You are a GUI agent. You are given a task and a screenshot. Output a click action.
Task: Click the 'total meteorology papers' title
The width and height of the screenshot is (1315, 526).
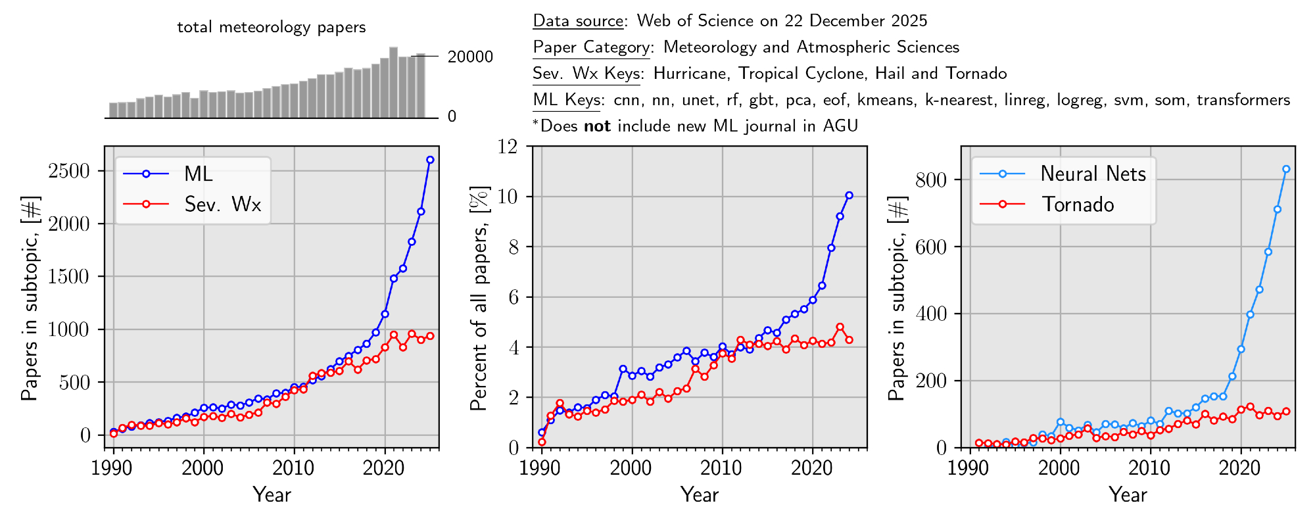(x=271, y=28)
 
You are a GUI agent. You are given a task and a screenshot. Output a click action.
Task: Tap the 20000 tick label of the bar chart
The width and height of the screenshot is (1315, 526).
(x=470, y=57)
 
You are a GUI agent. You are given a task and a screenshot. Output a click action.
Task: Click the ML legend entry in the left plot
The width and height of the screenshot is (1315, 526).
(x=198, y=174)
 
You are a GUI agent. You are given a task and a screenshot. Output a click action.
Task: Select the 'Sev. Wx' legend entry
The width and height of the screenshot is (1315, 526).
(x=222, y=204)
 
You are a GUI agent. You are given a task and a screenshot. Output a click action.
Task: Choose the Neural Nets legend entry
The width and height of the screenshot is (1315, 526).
(x=1093, y=174)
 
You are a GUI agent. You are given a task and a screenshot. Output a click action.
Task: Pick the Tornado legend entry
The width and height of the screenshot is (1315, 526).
(x=1078, y=204)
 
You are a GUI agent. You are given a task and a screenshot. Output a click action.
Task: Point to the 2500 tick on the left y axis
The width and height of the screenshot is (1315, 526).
(x=68, y=171)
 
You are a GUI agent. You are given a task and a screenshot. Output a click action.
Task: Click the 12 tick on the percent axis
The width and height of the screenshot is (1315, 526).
(x=507, y=147)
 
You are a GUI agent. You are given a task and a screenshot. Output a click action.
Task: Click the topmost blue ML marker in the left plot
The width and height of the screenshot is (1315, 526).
(x=430, y=160)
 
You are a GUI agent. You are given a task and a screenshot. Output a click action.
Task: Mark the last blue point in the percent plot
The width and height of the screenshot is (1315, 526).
(x=849, y=195)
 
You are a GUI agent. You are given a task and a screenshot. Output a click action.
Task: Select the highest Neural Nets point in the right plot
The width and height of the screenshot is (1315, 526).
(x=1286, y=169)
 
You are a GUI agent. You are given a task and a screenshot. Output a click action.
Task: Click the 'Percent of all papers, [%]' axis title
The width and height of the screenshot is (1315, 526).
(x=479, y=297)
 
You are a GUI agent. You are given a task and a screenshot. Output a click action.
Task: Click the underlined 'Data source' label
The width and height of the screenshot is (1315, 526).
(x=578, y=21)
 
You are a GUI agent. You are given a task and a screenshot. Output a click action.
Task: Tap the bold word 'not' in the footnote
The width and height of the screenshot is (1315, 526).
(x=597, y=126)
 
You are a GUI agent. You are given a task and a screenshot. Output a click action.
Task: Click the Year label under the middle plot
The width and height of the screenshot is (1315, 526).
(x=700, y=494)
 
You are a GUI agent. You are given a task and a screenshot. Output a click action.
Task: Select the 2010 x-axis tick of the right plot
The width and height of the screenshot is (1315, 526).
(x=1150, y=468)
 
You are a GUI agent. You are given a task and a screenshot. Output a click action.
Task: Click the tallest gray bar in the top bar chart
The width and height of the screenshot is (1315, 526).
(x=393, y=82)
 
